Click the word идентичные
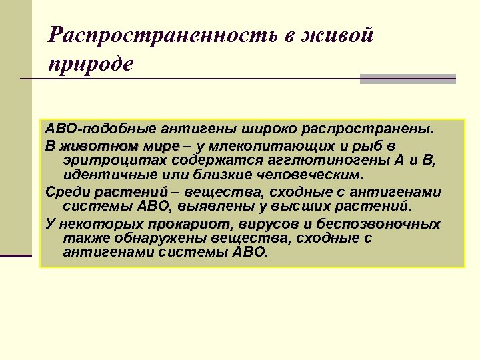click(107, 175)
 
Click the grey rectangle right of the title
click(407, 79)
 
